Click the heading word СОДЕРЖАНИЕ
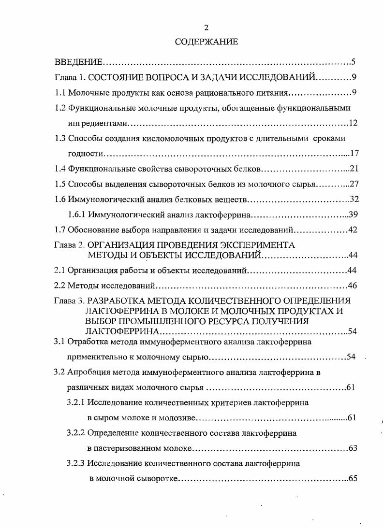click(x=206, y=42)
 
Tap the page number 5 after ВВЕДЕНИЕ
click(x=354, y=62)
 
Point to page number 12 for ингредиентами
click(x=353, y=123)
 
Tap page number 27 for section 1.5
click(x=352, y=184)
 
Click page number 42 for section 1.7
click(x=352, y=229)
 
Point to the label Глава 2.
click(x=69, y=245)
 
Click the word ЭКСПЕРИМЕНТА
click(x=257, y=245)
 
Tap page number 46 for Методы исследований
click(x=352, y=286)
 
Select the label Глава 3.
click(x=69, y=300)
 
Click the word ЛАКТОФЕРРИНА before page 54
click(x=122, y=331)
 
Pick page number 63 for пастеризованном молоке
click(x=352, y=448)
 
